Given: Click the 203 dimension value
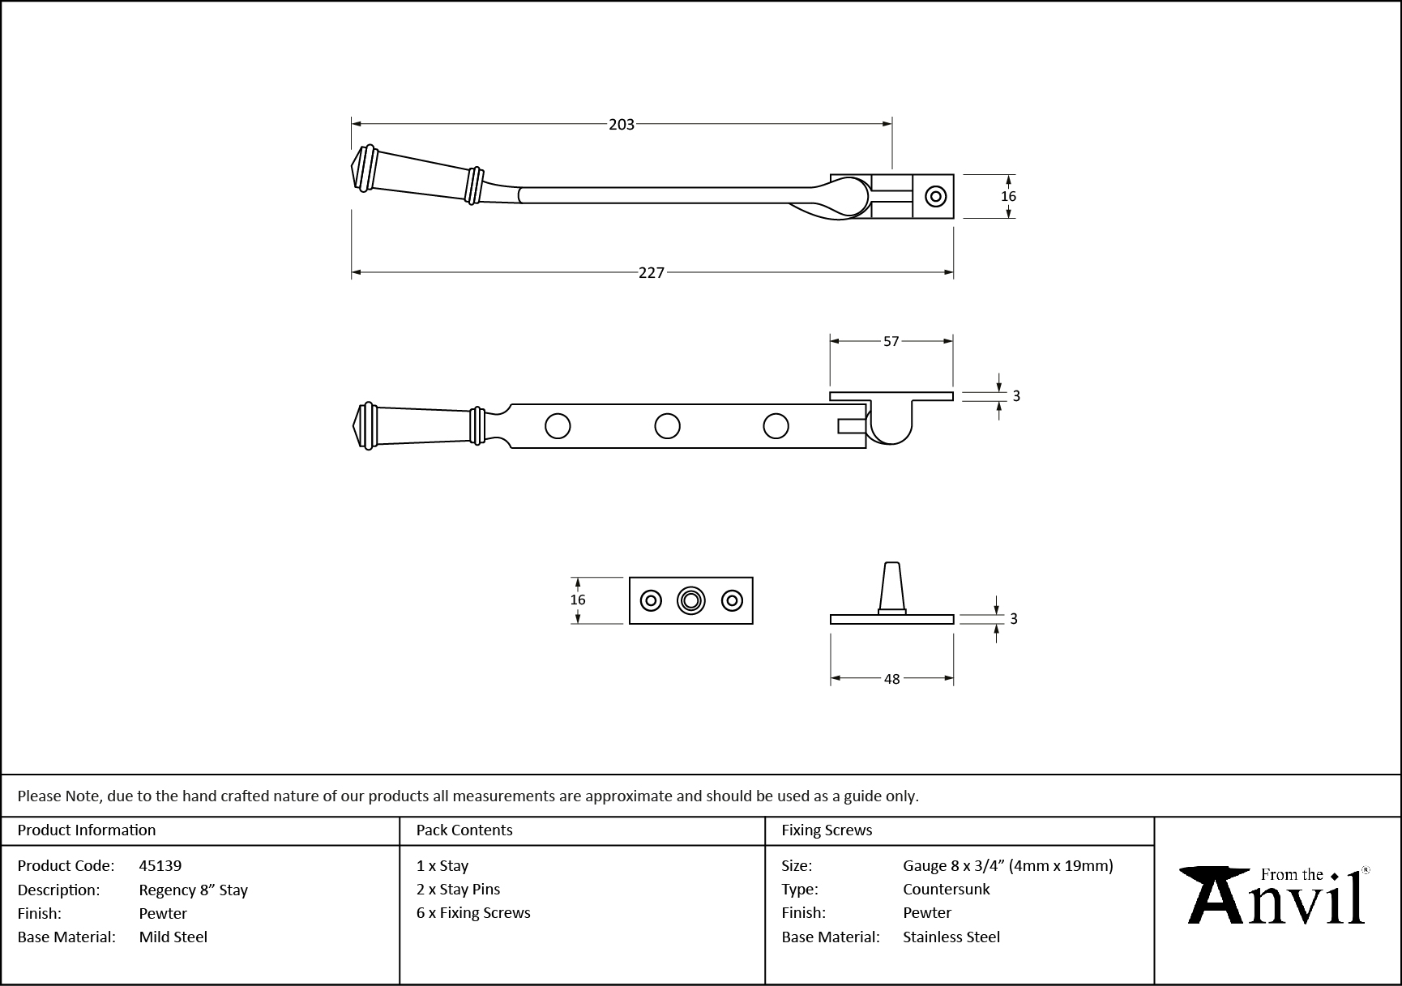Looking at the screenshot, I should click(622, 124).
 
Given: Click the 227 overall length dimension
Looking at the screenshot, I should click(651, 273).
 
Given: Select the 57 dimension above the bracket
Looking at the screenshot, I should click(891, 342).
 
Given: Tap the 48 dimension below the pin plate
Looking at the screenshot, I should click(891, 679).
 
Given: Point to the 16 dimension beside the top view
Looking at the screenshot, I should click(1008, 196).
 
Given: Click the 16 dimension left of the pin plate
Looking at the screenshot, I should click(577, 600).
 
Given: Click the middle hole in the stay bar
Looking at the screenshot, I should click(667, 425).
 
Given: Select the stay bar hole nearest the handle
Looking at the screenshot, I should click(558, 425).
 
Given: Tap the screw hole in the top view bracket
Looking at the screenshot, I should click(936, 196).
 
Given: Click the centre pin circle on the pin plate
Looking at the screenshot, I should click(690, 600).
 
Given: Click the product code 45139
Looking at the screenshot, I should click(160, 865).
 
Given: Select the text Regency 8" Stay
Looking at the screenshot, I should click(193, 890).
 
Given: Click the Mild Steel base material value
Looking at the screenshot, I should click(173, 937).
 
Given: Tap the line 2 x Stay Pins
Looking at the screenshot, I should click(458, 889).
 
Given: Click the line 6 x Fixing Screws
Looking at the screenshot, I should click(473, 912).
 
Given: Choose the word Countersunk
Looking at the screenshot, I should click(946, 889).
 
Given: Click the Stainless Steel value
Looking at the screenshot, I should click(951, 937).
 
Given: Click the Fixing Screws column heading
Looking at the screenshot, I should click(827, 830).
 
